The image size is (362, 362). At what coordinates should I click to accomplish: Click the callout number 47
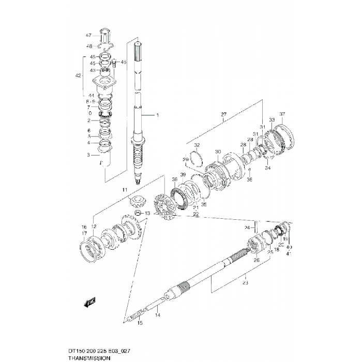click(x=88, y=36)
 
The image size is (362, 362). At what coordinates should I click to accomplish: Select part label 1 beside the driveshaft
click(x=158, y=114)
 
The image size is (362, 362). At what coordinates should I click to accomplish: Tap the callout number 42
click(x=79, y=76)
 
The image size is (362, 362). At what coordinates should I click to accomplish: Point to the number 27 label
click(x=224, y=114)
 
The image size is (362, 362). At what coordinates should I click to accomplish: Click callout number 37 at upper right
click(x=282, y=114)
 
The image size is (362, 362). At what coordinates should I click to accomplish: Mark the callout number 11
click(x=125, y=191)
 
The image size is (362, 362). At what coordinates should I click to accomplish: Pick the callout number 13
click(x=147, y=213)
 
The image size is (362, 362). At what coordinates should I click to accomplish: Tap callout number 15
click(x=139, y=324)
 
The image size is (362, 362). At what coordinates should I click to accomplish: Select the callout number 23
click(x=245, y=283)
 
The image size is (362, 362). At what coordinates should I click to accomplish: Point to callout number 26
click(x=257, y=261)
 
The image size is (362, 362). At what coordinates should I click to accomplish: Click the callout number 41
click(x=289, y=254)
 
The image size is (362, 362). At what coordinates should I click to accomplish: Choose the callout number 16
click(x=84, y=227)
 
